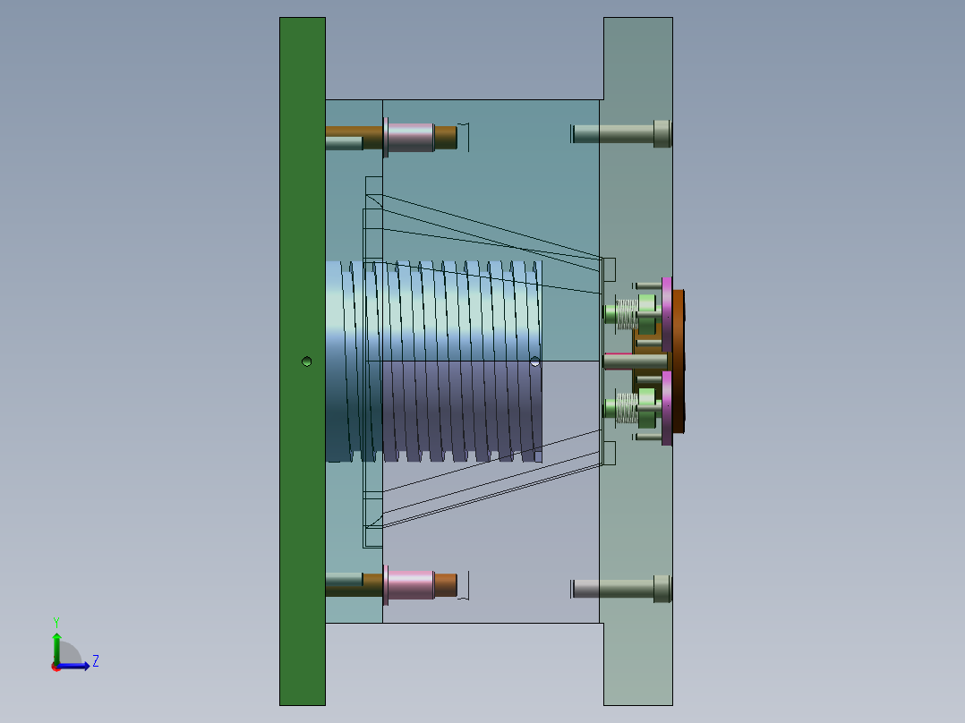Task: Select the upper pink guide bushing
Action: coord(410,137)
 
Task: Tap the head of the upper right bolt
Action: coord(662,133)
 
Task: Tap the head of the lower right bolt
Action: coord(662,588)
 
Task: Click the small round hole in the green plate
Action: coord(307,361)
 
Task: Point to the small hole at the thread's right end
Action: coord(535,361)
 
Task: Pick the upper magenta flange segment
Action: coord(667,313)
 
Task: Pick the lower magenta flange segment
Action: coord(667,408)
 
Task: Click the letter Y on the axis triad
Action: coord(56,621)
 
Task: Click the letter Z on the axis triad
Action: coord(95,661)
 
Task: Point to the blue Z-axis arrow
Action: coord(79,666)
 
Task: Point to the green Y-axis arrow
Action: coord(56,645)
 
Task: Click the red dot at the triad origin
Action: coord(56,667)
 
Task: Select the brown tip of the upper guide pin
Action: coord(446,137)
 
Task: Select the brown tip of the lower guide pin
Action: coord(446,585)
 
